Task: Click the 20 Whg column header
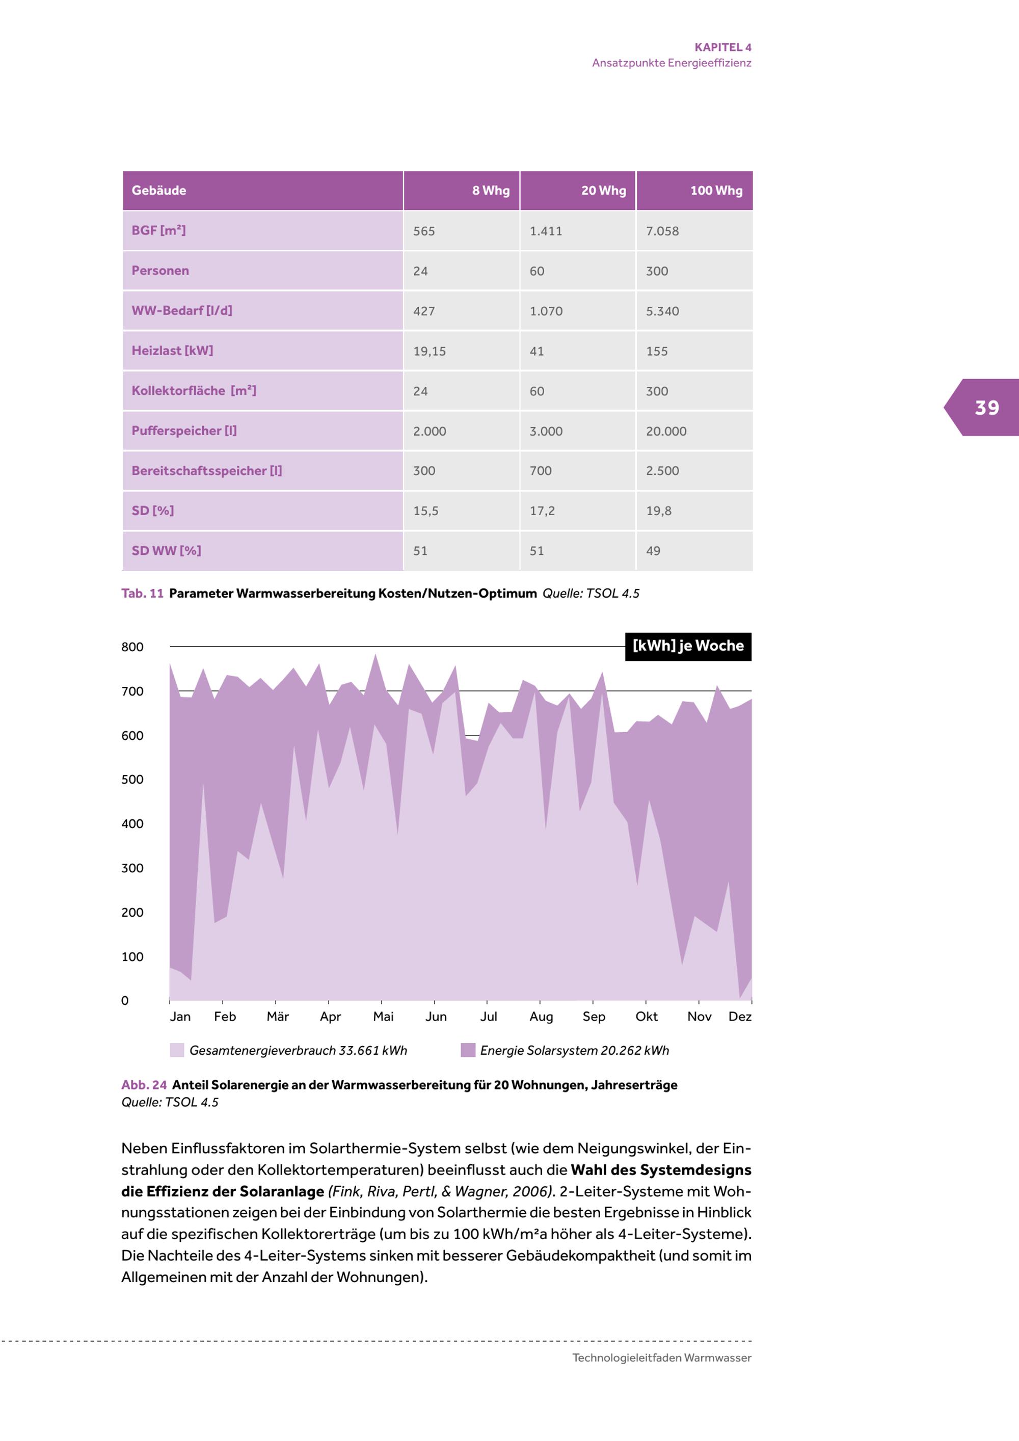point(603,191)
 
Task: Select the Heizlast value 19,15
point(429,352)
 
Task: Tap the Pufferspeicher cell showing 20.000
point(666,431)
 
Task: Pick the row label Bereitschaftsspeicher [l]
point(206,471)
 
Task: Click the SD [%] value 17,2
point(542,511)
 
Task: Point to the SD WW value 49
point(653,551)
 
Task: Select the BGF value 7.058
point(662,231)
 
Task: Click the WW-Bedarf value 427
point(423,311)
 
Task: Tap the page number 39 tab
point(986,408)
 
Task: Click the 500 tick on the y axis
point(132,780)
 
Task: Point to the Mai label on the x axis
point(383,1017)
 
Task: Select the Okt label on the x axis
point(646,1017)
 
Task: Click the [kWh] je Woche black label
point(688,646)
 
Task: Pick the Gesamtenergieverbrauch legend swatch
point(177,1051)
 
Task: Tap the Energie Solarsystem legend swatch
point(468,1051)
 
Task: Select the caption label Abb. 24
point(144,1085)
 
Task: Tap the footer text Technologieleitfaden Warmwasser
point(661,1357)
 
